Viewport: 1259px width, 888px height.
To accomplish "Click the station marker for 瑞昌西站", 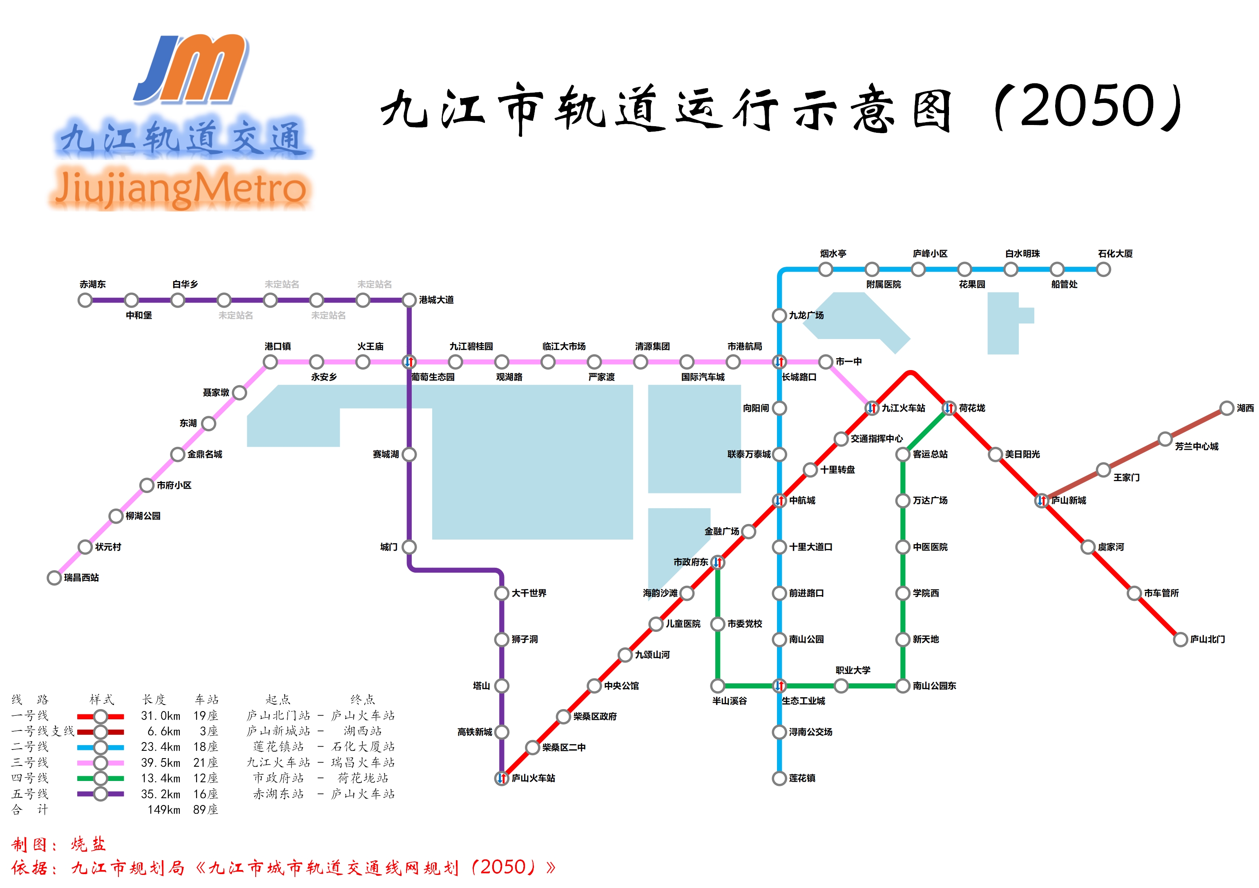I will [54, 578].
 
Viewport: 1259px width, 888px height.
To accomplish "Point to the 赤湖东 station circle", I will [85, 300].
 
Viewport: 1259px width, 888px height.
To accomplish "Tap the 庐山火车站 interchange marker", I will [501, 778].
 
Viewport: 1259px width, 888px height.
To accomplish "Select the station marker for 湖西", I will [1227, 408].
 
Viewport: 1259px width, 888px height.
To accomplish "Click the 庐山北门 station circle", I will [1180, 639].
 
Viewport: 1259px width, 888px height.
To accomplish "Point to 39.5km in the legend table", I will [160, 763].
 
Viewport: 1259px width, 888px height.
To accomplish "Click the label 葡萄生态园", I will [433, 377].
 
